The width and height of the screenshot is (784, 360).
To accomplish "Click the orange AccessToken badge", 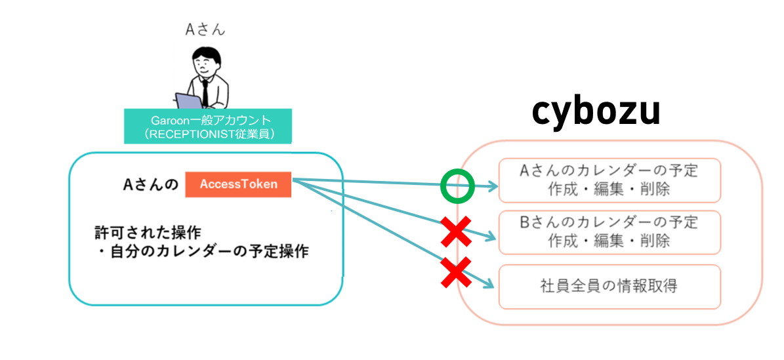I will [x=238, y=184].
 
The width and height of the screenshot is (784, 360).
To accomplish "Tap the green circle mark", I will [x=457, y=187].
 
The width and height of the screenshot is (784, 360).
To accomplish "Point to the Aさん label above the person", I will [x=205, y=30].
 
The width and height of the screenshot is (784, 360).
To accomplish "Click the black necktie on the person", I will [x=205, y=92].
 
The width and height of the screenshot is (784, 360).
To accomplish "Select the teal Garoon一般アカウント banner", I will [x=208, y=127].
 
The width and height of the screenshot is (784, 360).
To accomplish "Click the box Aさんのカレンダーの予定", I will [x=609, y=180].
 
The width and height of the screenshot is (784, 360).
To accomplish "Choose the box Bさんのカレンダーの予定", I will [x=609, y=232].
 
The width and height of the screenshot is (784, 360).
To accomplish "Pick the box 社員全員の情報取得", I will [x=609, y=287].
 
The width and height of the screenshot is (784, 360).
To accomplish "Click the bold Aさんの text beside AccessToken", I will [x=151, y=184].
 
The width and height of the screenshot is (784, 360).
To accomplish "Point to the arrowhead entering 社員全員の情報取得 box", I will [x=489, y=284].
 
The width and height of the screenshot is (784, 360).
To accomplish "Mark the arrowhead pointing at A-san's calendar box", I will [x=493, y=187].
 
